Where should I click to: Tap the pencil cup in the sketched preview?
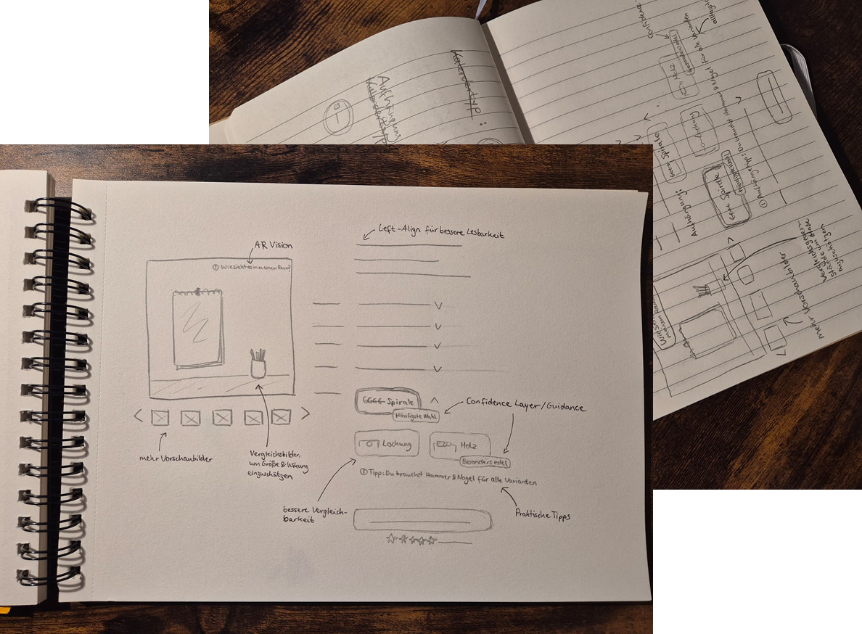[258, 364]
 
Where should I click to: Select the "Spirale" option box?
[387, 401]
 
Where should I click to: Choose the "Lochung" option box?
[387, 444]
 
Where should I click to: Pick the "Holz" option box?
[460, 445]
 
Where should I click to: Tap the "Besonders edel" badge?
[485, 461]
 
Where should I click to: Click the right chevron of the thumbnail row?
[305, 413]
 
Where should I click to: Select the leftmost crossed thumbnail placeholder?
[160, 417]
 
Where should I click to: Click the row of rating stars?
[411, 540]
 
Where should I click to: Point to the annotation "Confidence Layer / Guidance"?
[525, 407]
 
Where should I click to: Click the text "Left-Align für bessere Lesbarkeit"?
[442, 233]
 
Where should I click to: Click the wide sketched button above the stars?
[420, 519]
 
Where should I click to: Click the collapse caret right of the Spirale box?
[434, 399]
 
